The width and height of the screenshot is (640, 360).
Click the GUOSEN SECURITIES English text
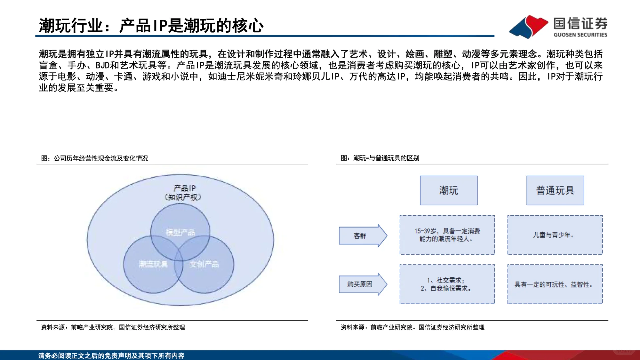pos(580,35)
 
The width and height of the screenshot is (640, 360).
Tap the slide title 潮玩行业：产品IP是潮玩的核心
pos(151,26)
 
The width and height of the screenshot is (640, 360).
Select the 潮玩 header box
pos(448,190)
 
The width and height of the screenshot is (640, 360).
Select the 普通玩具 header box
pos(555,190)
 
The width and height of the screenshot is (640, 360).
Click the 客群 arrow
pos(362,236)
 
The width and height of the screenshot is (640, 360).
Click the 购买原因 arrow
pos(362,284)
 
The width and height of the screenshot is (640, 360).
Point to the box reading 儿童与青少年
pos(555,235)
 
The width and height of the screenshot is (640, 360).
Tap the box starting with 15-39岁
pos(447,235)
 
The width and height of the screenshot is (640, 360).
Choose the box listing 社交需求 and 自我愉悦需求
pos(447,284)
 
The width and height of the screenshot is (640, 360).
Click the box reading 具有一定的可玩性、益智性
pos(555,284)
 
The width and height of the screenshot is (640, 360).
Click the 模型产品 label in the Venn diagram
pos(180,232)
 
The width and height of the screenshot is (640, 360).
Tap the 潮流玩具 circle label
pos(153,264)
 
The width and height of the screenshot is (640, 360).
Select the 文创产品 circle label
pos(204,264)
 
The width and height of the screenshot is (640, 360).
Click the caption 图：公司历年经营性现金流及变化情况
pos(95,158)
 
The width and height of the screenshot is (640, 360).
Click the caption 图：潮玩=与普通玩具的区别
pos(380,158)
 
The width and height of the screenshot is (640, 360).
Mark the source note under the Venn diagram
pos(113,327)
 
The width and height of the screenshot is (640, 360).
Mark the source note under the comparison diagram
pos(412,327)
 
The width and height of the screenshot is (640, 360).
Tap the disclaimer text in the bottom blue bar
pos(111,355)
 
